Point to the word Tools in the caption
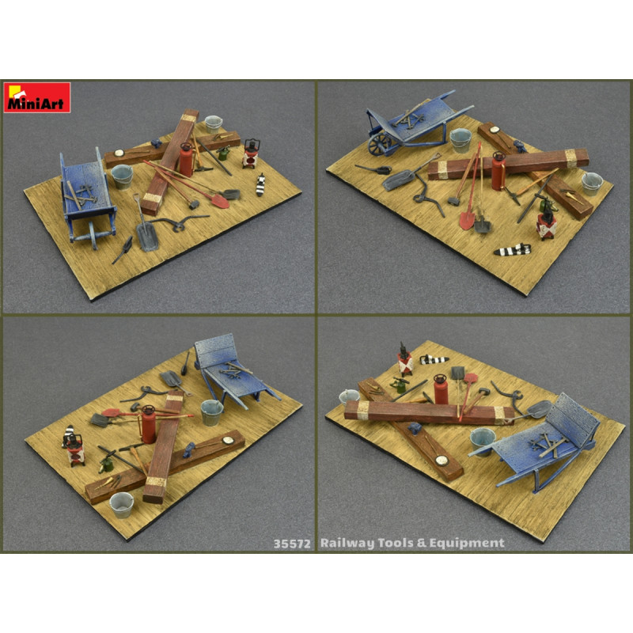coord(396,543)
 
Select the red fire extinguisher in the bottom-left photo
coord(147,425)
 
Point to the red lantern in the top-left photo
coord(252,154)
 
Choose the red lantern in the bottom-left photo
coord(76,449)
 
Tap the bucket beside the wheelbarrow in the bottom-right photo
coord(481,438)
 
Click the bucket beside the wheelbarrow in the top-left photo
coord(122,176)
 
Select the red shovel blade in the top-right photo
coord(464,218)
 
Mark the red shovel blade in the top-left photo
coord(221,200)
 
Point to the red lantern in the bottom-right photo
coord(405,362)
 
